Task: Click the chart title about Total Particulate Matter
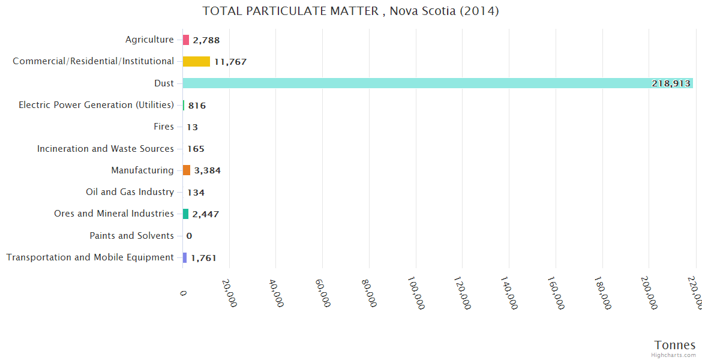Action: click(350, 11)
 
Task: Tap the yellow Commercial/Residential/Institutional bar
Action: click(196, 61)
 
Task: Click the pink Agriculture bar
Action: click(186, 40)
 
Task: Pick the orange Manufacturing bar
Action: click(187, 170)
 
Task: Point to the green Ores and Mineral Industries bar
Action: click(186, 214)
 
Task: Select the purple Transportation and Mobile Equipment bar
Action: click(185, 257)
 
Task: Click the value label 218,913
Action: click(671, 83)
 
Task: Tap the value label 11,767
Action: click(230, 62)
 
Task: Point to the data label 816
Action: click(197, 106)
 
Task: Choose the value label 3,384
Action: click(208, 170)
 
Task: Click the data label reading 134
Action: click(196, 193)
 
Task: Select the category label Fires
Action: click(164, 127)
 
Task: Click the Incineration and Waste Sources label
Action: click(106, 149)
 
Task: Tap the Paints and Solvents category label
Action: click(131, 236)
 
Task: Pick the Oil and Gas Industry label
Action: click(130, 192)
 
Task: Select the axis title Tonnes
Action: click(674, 345)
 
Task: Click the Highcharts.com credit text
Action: click(673, 355)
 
